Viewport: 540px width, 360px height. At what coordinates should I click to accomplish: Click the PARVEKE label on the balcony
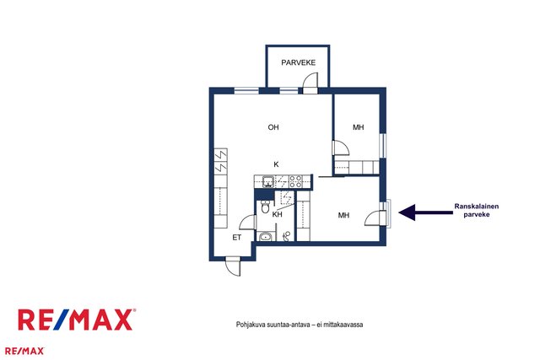click(x=298, y=62)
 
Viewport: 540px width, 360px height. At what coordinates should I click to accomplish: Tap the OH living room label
click(x=273, y=127)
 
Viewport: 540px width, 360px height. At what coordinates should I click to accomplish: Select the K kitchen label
click(x=276, y=164)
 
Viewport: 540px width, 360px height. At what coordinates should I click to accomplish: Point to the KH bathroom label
click(x=278, y=214)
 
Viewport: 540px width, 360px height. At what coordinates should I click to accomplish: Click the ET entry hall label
click(x=236, y=238)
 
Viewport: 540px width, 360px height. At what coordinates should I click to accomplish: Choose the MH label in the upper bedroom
click(x=358, y=127)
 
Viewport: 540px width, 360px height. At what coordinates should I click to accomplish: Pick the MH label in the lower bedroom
click(x=343, y=215)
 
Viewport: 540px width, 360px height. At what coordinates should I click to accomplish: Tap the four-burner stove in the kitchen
click(x=295, y=181)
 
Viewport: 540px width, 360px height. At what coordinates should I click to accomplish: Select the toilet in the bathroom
click(x=265, y=207)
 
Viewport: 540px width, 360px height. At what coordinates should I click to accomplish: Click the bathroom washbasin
click(x=265, y=236)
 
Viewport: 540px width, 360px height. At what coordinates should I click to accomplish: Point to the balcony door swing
click(x=310, y=83)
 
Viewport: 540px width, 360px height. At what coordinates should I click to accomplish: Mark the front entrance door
click(x=233, y=266)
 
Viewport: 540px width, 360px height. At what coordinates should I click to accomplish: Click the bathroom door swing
click(x=248, y=222)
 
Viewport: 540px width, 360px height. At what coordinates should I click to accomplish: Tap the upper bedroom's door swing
click(x=341, y=148)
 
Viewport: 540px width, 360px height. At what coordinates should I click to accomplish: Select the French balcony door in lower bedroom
click(x=376, y=218)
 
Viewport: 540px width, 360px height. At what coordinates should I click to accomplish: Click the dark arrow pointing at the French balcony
click(x=425, y=212)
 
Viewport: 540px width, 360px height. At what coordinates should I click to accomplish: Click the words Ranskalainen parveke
click(x=476, y=210)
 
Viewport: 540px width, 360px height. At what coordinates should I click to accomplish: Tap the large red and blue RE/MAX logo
click(x=77, y=320)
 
